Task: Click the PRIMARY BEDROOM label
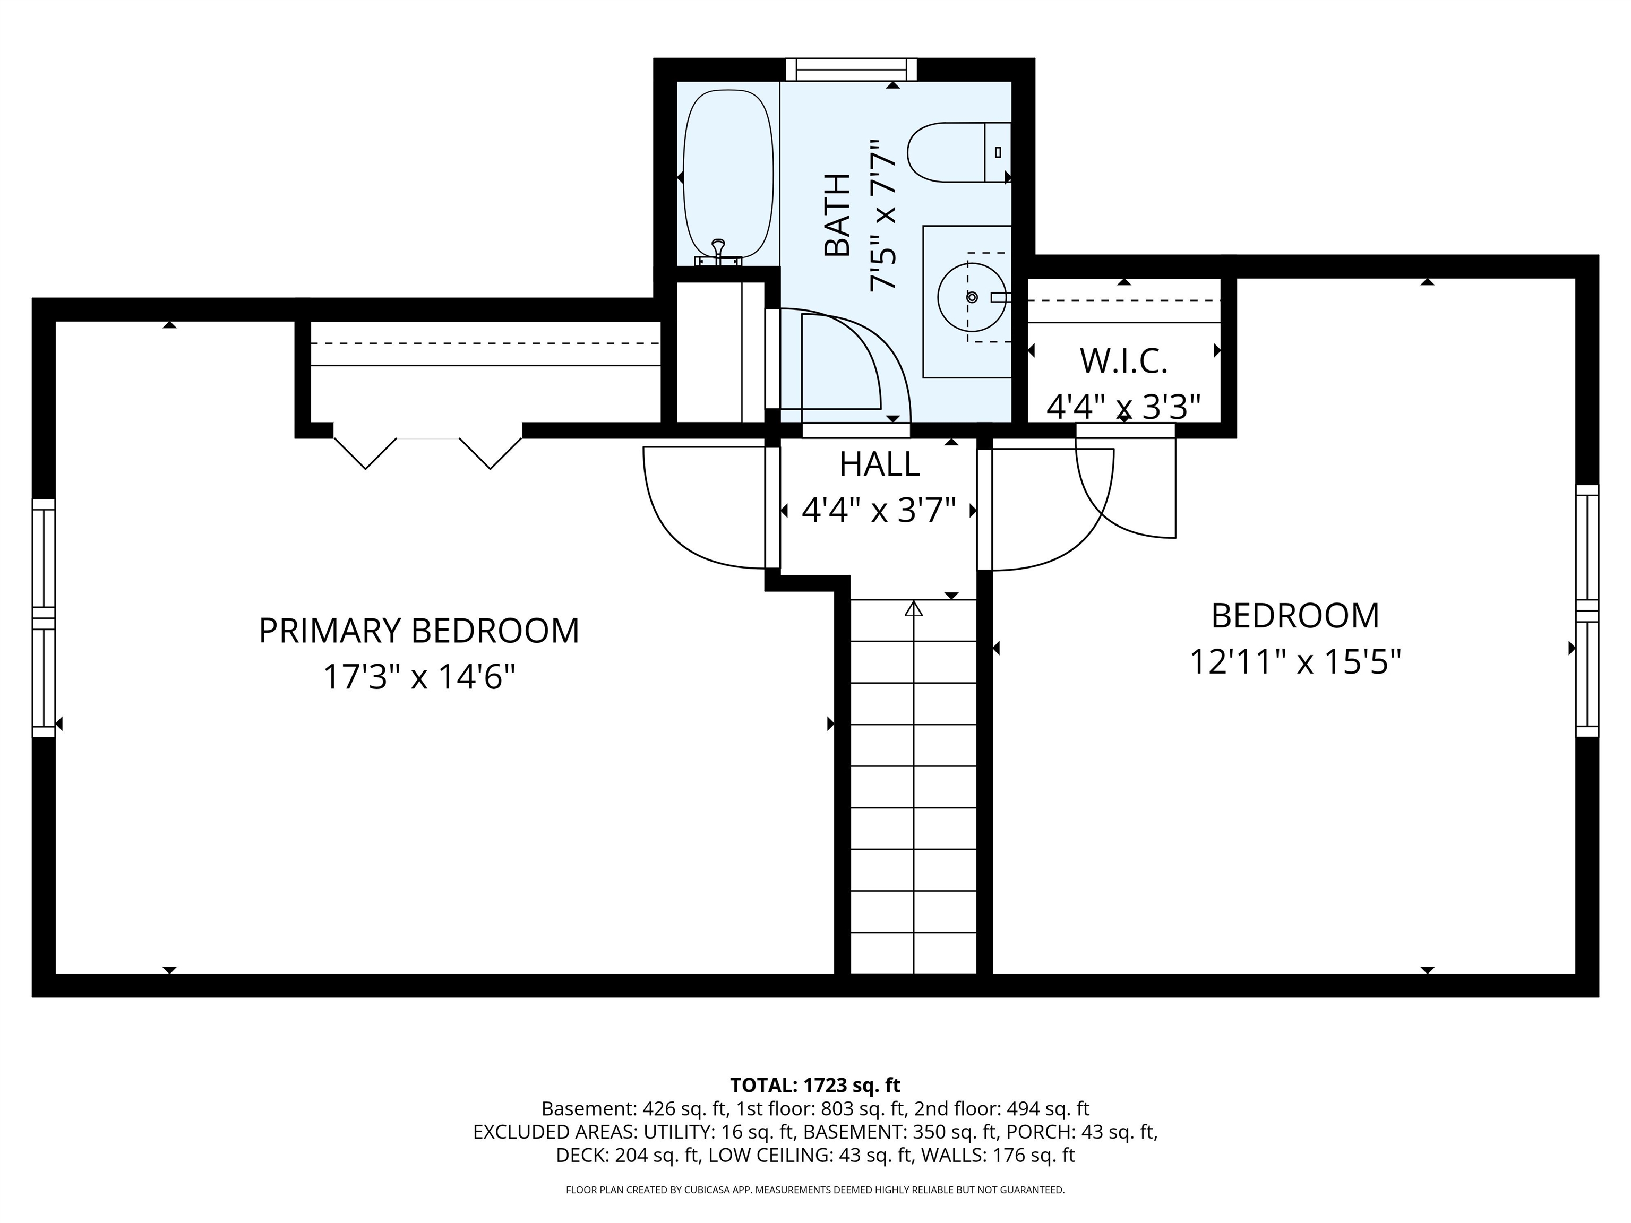tap(419, 631)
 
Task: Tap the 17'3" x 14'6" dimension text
tap(419, 677)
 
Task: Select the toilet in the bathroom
tap(957, 152)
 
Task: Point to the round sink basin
tap(971, 297)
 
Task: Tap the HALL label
tap(879, 464)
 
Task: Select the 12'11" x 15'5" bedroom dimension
tap(1295, 661)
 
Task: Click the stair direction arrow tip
tap(914, 607)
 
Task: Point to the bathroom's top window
tap(851, 70)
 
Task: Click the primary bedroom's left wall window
tap(44, 618)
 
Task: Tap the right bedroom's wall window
tap(1587, 610)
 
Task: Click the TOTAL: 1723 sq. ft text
tap(815, 1085)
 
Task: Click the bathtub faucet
tap(718, 251)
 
